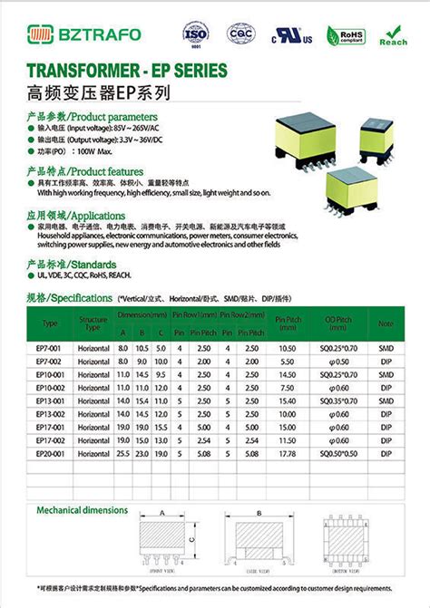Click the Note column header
point(386,322)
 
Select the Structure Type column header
point(93,322)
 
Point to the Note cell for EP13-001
point(386,400)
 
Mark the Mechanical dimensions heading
point(82,510)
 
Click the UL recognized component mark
point(292,39)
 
